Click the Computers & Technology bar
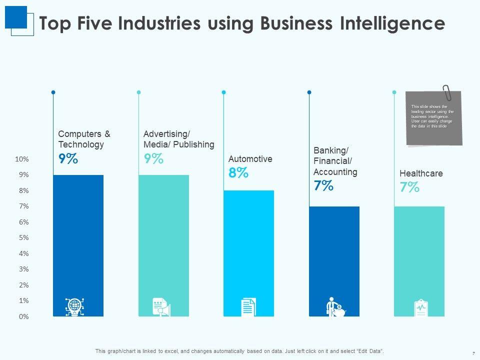point(78,240)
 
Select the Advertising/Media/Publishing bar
point(163,240)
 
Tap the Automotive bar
point(248,250)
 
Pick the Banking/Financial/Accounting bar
point(334,255)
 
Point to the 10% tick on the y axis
point(22,159)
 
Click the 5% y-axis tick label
point(24,237)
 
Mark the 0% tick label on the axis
point(24,316)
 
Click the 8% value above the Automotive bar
point(238,173)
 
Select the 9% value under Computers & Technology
point(68,158)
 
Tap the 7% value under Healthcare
point(409,187)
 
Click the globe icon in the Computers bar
point(74,306)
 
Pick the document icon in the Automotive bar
point(248,306)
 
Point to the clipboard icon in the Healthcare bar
point(420,307)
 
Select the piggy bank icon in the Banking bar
point(339,310)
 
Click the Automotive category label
point(250,159)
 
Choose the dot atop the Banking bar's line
point(309,92)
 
